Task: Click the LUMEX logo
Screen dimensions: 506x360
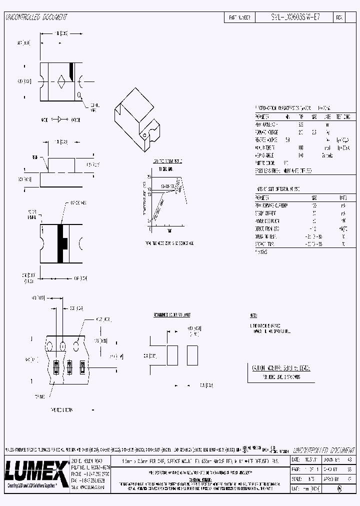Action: pyautogui.click(x=36, y=470)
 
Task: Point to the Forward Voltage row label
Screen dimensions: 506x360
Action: pyautogui.click(x=267, y=132)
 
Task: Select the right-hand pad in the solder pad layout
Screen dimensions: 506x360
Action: pyautogui.click(x=192, y=355)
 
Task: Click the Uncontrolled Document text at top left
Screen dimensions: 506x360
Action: pyautogui.click(x=36, y=17)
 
